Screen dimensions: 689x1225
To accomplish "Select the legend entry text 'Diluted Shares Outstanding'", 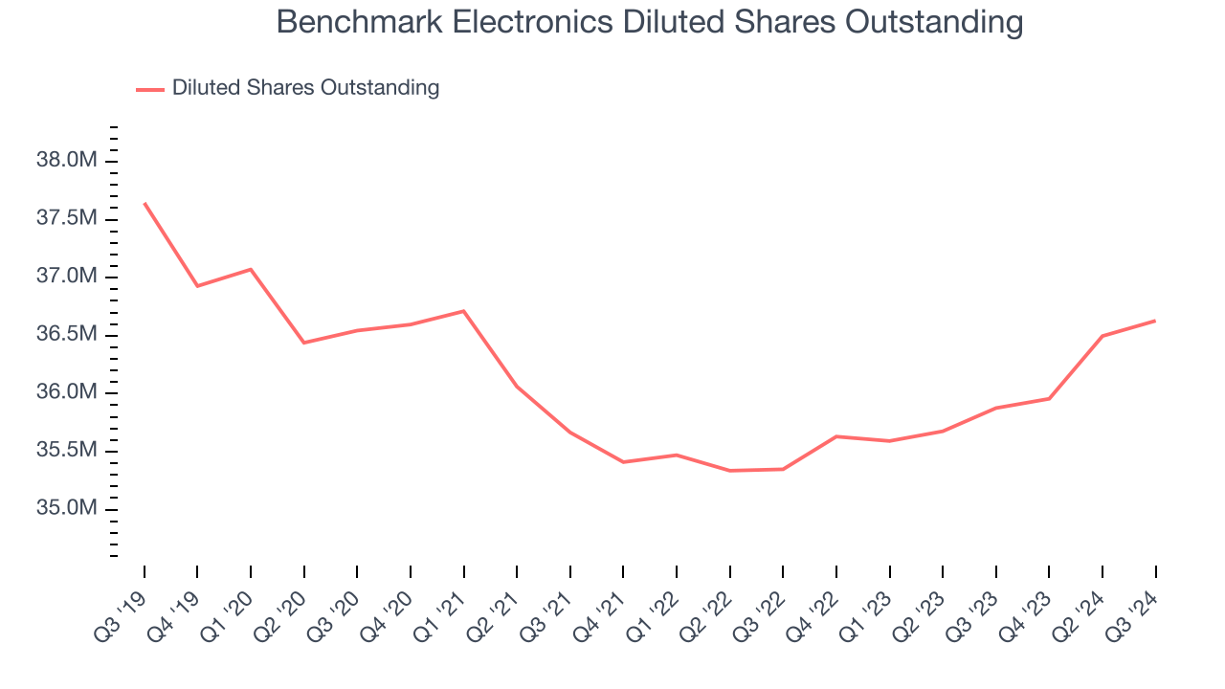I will click(305, 88).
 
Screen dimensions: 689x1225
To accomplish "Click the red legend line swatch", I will click(150, 89).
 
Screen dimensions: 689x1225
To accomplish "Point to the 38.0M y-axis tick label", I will click(67, 161).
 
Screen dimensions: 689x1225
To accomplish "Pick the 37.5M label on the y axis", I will click(67, 219).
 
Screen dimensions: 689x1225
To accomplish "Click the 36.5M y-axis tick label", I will click(67, 335).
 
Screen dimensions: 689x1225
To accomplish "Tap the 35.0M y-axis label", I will click(67, 509).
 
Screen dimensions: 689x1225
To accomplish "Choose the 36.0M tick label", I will click(67, 393).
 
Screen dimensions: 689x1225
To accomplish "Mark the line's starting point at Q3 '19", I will click(145, 203).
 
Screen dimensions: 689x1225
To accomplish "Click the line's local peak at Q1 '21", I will click(464, 311).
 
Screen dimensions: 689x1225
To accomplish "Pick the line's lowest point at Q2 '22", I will click(730, 471).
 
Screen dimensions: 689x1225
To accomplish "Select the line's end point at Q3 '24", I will click(1155, 321).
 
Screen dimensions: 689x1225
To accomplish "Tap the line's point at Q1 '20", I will click(251, 269).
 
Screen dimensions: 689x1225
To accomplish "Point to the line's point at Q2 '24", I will click(1102, 336).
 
